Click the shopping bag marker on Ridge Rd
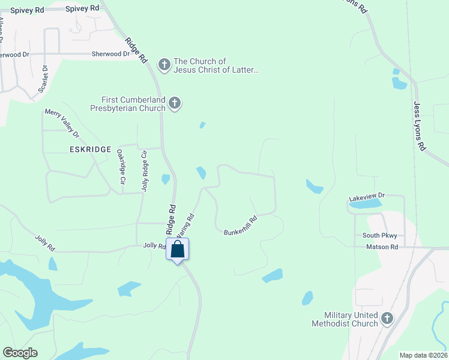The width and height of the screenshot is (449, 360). coord(178,249)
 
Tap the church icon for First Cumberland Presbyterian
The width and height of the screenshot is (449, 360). coord(174,103)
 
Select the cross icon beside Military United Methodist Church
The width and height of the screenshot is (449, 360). coord(387,318)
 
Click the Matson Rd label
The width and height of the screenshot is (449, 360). coord(381,247)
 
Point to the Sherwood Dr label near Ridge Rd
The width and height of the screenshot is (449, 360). coord(110,54)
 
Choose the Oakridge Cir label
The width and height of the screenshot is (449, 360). coord(121,166)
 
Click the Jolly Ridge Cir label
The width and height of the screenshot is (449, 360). coord(144,171)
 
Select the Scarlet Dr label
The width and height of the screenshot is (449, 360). coord(43,79)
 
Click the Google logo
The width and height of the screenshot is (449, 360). coord(20,353)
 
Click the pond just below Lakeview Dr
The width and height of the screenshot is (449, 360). coord(365,204)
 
